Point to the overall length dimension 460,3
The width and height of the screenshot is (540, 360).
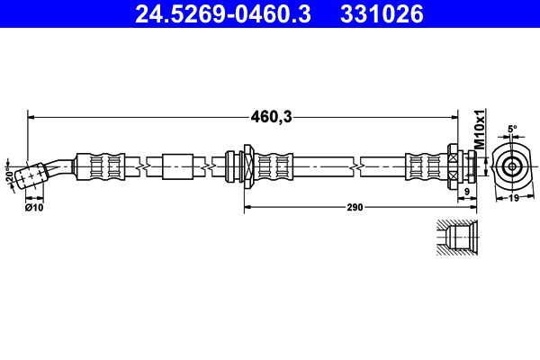pos(272,116)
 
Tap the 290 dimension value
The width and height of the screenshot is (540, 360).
pos(355,208)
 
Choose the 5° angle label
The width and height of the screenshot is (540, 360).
pos(512,130)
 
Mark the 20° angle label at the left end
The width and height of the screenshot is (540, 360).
pos(10,174)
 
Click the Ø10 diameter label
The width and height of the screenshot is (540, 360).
pos(34,208)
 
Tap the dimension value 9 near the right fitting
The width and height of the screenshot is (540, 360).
pos(466,192)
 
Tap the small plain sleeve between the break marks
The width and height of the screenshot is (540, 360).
pos(176,166)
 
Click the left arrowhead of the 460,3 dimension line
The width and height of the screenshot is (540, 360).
pos(32,116)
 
